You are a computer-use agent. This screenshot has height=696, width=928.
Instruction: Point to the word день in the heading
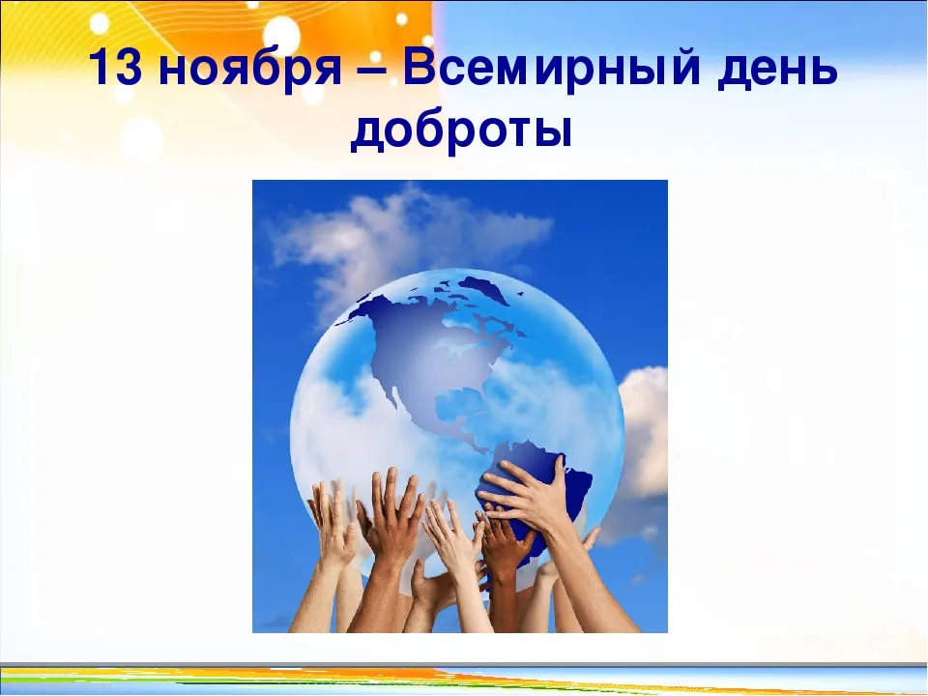tap(777, 71)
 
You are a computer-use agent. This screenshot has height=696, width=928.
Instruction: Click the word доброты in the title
tap(461, 131)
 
